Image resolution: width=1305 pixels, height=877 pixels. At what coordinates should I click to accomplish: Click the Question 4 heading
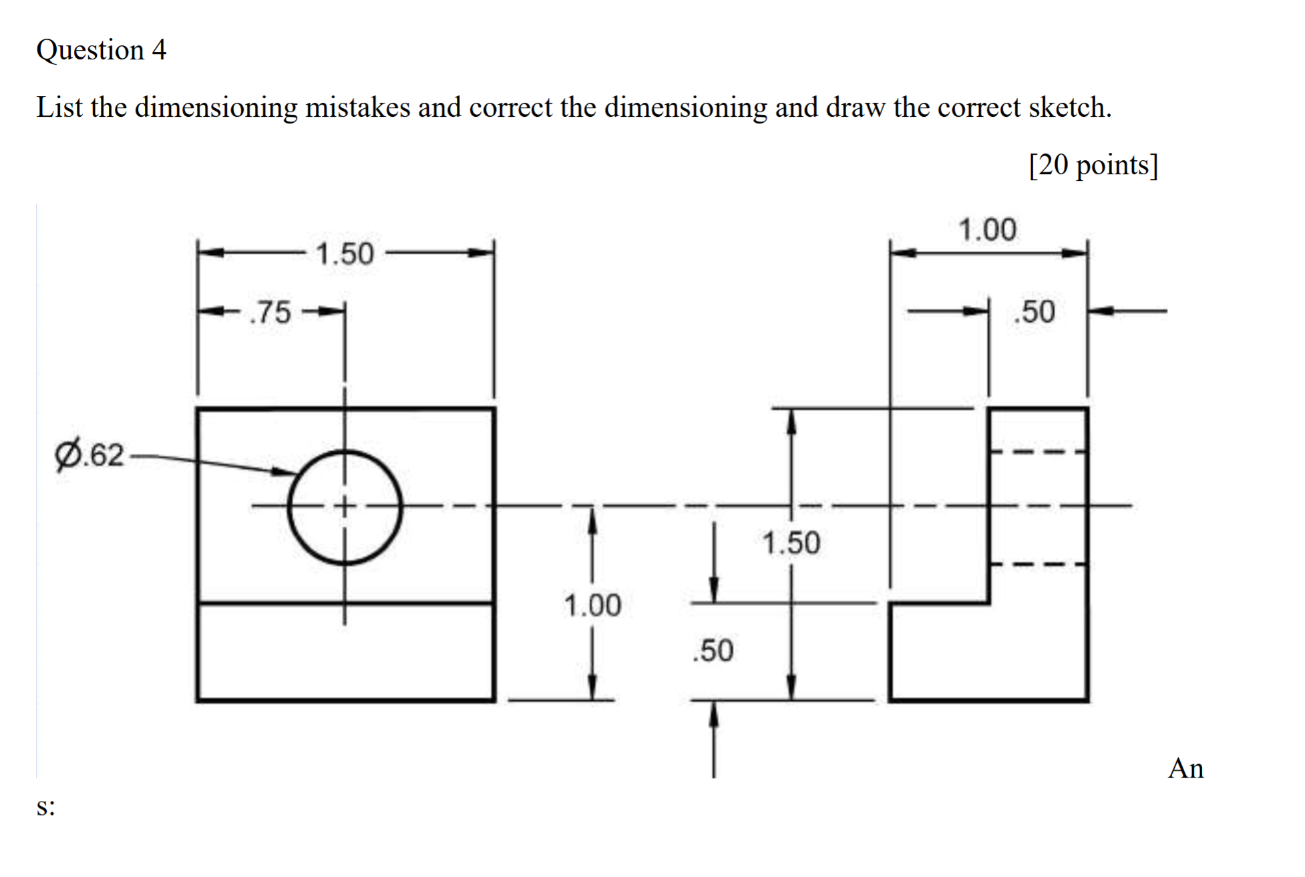tap(101, 50)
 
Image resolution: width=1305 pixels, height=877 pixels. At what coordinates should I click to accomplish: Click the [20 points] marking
tap(1093, 165)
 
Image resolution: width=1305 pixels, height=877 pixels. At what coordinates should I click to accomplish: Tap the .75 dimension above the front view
tap(270, 312)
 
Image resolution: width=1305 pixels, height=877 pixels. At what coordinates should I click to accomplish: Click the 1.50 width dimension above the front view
tap(345, 254)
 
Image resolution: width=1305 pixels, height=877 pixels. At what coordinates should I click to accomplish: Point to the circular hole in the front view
tap(345, 507)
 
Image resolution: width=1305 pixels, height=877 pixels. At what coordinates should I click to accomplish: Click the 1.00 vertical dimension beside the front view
tap(592, 605)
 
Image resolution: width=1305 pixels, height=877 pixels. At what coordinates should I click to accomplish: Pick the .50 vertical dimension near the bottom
tap(713, 650)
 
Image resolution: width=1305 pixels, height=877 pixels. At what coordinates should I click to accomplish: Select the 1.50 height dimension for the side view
tap(791, 543)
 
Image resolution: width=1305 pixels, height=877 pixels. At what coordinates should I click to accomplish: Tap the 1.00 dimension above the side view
tap(988, 230)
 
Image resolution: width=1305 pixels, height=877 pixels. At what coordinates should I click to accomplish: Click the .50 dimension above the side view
tap(1035, 312)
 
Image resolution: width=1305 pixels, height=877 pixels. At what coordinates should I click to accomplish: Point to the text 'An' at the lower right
tap(1185, 769)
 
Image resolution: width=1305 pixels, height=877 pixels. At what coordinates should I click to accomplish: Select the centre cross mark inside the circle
tap(345, 506)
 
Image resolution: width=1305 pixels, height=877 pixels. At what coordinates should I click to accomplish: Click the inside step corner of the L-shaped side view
tap(989, 603)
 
